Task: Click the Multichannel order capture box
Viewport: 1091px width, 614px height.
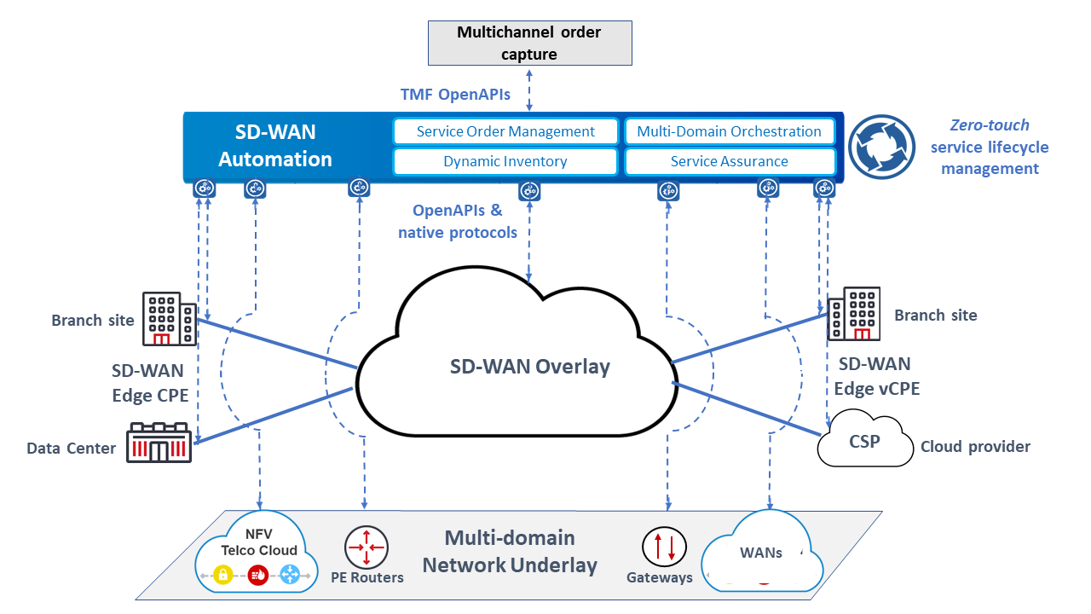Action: tap(529, 43)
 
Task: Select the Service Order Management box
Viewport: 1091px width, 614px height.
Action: tap(505, 131)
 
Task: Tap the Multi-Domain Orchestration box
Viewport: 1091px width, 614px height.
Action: tap(730, 131)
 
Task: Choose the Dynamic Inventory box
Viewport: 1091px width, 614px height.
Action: tap(505, 161)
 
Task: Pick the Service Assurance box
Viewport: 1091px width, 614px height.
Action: tap(730, 161)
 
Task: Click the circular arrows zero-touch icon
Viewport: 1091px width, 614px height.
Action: tap(886, 146)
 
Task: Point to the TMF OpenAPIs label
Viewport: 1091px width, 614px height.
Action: tap(456, 95)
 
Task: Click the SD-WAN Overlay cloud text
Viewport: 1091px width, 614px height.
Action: tap(530, 367)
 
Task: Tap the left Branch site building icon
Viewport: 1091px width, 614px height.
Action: tap(170, 320)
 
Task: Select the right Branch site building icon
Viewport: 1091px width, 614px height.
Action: tap(854, 314)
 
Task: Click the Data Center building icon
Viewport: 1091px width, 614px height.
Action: tap(159, 443)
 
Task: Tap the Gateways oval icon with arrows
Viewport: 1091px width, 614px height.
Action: tap(664, 547)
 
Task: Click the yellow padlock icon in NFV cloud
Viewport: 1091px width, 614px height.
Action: tap(223, 576)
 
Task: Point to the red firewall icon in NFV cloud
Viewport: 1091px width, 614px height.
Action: tap(257, 576)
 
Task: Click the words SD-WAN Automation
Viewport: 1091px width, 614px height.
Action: tap(275, 146)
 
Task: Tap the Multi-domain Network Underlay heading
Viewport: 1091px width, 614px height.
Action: tap(510, 552)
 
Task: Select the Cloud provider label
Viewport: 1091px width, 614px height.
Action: tap(975, 447)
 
